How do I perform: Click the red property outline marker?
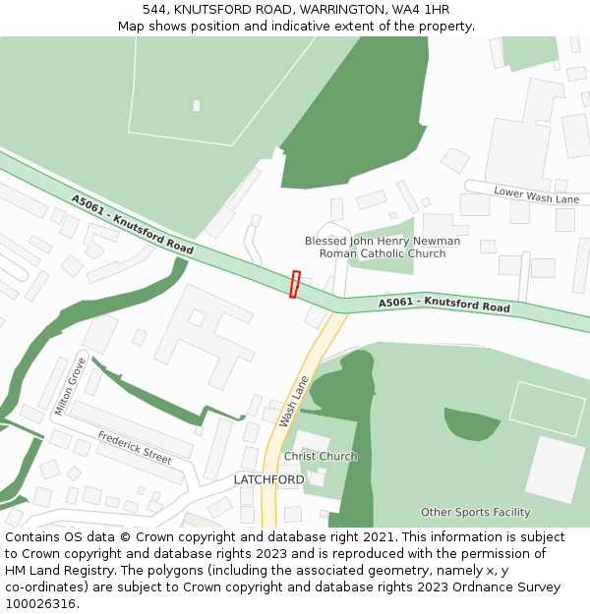coord(294,284)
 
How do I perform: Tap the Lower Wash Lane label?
coord(537,195)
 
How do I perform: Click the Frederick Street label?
coord(135,448)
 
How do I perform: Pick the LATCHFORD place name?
coord(268,479)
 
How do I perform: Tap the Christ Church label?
coord(321,457)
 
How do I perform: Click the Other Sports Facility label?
coord(475,512)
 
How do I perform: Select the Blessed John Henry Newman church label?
coord(383,247)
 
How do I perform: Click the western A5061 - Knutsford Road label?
coord(132,224)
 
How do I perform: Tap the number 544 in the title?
coord(154,10)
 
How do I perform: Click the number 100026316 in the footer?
coord(40,604)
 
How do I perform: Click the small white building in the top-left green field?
coord(197,105)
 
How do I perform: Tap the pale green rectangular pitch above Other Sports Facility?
coord(547,408)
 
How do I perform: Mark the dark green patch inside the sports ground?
coord(472,422)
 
